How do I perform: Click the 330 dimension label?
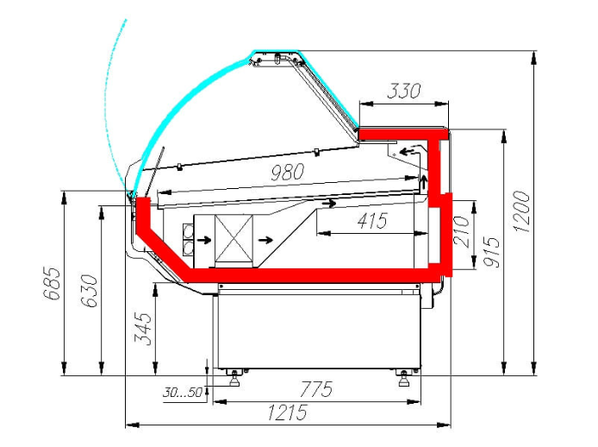coord(404,91)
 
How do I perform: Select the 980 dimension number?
coord(288,172)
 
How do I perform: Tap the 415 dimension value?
coord(372,220)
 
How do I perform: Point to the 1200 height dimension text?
coord(521,211)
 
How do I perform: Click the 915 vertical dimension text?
coord(491,252)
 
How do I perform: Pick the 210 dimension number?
coord(461,230)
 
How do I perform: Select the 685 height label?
coord(52,284)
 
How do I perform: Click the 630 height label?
coord(90,291)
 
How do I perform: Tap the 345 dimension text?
coord(143,329)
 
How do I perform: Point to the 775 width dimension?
coord(316,389)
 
